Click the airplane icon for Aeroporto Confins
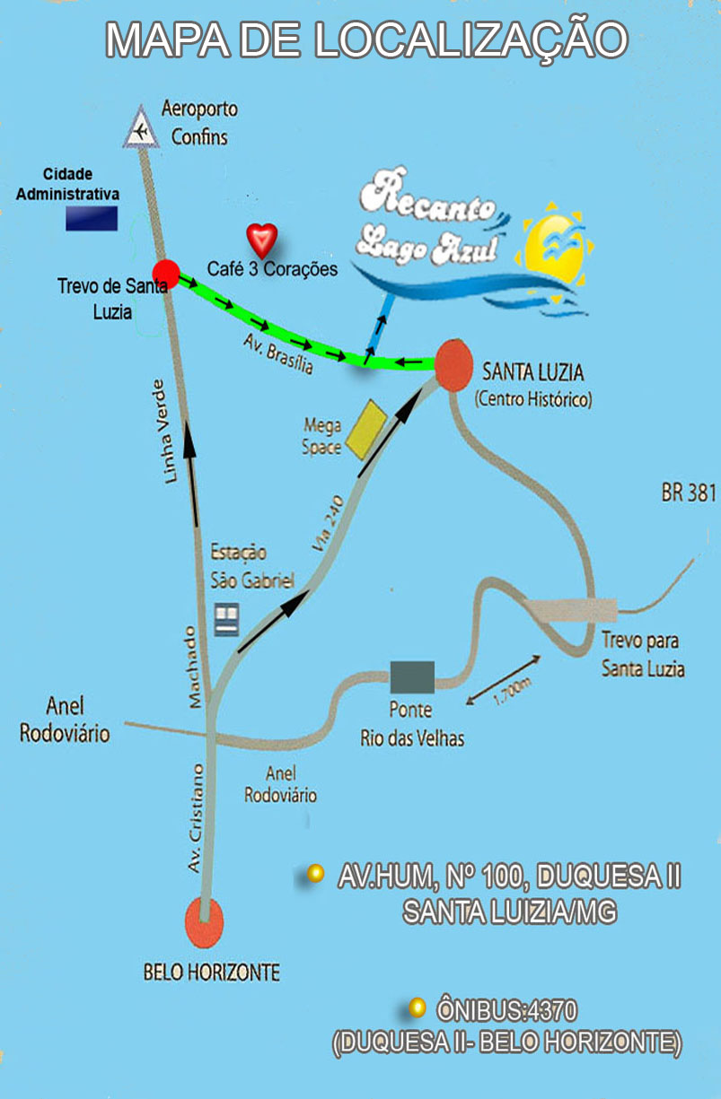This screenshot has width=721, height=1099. pos(140,127)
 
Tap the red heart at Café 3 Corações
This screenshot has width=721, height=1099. pos(262,239)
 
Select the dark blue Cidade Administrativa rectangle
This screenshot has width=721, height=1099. pos(92,218)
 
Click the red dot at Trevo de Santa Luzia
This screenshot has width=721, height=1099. pos(166,272)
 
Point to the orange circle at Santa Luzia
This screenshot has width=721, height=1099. pos(453,362)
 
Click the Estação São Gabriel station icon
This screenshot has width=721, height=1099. pos(227,616)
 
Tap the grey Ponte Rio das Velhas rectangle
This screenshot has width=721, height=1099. pos(412,676)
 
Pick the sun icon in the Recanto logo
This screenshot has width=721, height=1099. pos(553,249)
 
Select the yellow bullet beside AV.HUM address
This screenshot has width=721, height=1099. pos(315,873)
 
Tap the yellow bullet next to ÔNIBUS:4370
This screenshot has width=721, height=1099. pos(417,1008)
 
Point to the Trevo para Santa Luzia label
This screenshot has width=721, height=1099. pos(642,655)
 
